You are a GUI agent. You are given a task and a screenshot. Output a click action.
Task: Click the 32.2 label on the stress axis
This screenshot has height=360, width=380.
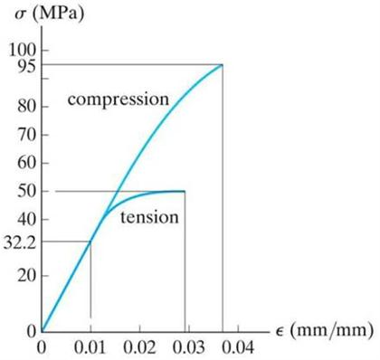point(18,242)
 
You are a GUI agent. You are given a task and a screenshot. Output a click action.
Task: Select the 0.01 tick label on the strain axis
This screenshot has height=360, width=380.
point(90,347)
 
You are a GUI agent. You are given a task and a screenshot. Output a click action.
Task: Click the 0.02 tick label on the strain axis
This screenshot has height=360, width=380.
point(138,347)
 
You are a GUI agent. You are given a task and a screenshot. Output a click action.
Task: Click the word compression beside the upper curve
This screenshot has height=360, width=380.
point(118,98)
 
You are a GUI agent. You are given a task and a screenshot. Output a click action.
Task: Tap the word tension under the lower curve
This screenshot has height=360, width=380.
point(149,218)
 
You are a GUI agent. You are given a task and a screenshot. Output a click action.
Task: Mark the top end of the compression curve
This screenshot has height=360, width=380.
point(222,64)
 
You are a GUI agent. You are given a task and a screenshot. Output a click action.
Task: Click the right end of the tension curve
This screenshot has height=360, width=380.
point(185,191)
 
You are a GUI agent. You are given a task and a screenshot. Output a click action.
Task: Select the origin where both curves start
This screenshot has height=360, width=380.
point(42,331)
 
